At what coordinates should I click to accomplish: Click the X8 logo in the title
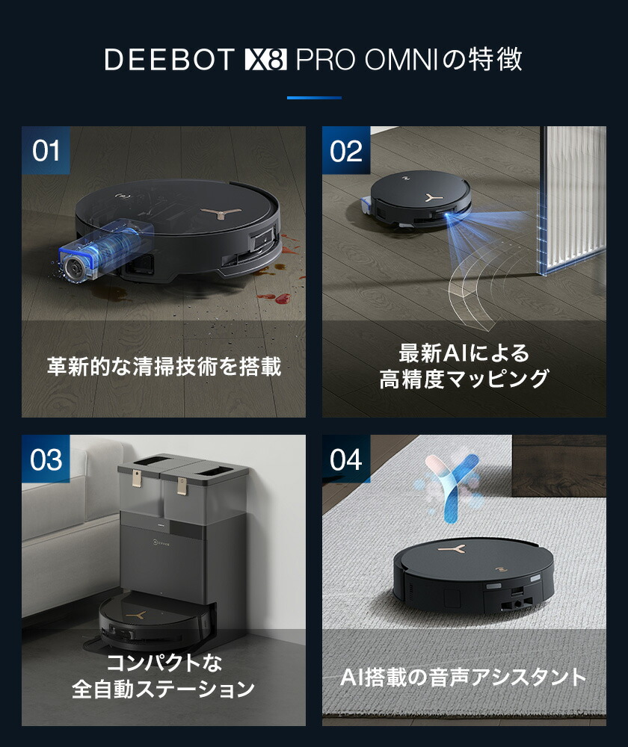point(266,60)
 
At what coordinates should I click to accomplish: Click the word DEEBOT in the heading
point(169,60)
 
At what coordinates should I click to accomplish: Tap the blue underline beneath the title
point(314,97)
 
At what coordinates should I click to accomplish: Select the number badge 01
point(46,151)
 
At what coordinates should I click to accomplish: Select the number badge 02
point(346,151)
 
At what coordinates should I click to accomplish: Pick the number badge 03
point(46,459)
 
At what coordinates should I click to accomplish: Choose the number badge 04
point(346,459)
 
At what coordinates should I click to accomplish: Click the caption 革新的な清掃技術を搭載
point(164,368)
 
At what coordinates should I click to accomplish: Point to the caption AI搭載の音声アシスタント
point(464,678)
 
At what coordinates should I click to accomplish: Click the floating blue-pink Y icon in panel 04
point(449,489)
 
